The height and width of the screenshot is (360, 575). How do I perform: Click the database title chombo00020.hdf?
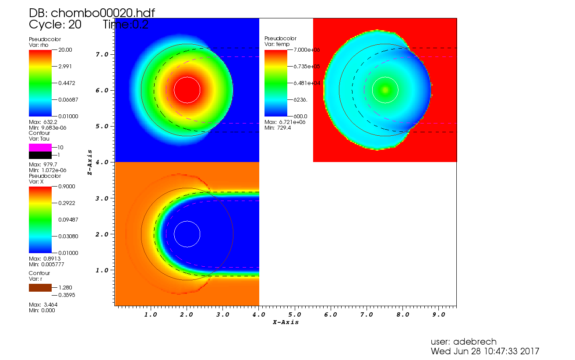point(92,13)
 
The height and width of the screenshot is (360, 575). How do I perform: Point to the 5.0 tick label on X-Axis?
point(294,314)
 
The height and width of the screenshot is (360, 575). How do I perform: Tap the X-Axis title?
point(286,322)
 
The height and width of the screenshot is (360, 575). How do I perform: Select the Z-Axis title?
point(90,162)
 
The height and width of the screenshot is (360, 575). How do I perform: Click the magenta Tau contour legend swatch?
point(40,148)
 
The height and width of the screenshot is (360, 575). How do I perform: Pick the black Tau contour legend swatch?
point(40,155)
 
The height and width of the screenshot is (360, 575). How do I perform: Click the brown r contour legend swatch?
point(40,288)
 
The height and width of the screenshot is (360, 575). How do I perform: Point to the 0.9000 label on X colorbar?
point(65,187)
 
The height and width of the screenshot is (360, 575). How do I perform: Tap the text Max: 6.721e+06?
point(285,122)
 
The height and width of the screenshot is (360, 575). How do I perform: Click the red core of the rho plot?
point(187,90)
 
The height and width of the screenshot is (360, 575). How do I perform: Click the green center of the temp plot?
point(385,90)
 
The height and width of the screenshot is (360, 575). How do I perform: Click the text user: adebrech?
point(464,342)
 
